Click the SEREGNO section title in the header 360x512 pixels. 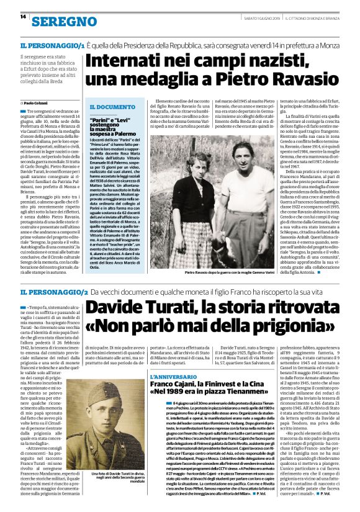(59, 22)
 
